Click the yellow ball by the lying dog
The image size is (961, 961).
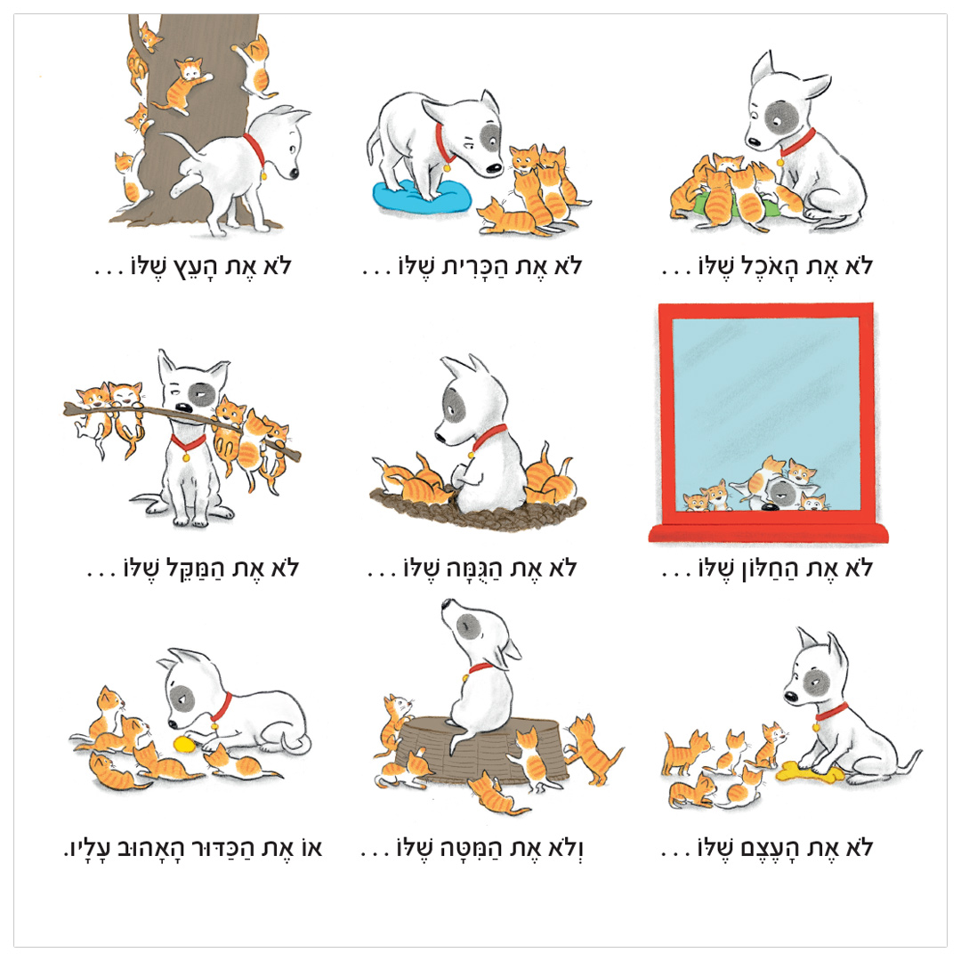(184, 744)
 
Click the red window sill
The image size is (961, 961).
(769, 533)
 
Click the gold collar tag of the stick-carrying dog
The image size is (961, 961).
(186, 457)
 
